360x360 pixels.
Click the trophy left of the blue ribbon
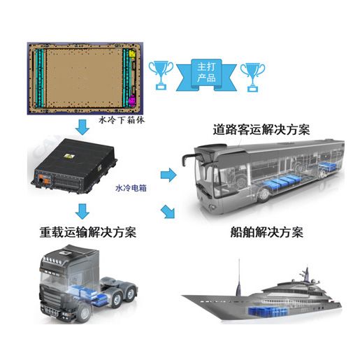coord(161,75)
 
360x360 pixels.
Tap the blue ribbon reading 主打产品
coord(206,75)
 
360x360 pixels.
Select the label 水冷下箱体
coord(122,120)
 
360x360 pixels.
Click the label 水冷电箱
coord(131,188)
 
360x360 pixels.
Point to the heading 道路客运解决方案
coord(261,129)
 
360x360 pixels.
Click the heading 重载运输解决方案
coord(88,232)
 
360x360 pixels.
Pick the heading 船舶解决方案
coord(266,232)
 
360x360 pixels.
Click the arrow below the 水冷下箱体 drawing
coord(82,127)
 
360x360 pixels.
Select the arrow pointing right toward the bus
coord(168,175)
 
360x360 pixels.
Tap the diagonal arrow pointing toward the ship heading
coord(168,212)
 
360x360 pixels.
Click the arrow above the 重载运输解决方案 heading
coord(82,211)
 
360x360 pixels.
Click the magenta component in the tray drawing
coord(132,101)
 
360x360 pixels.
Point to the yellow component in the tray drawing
coord(132,54)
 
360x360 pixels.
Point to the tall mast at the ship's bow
coord(238,278)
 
